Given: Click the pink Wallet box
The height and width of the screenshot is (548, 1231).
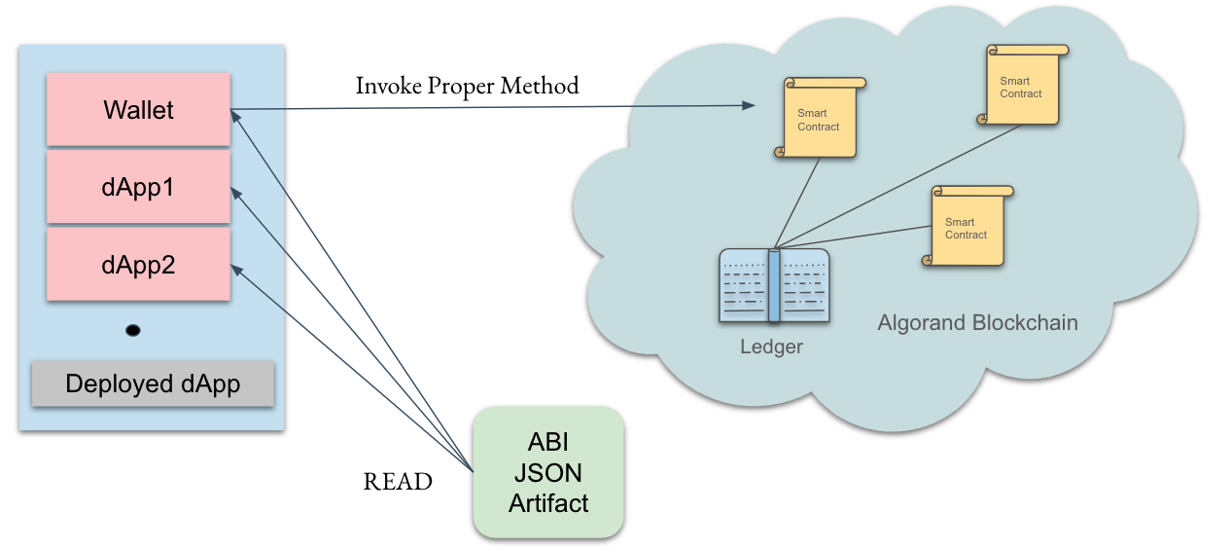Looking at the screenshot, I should click(x=138, y=110).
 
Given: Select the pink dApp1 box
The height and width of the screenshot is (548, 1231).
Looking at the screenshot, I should click(x=138, y=187).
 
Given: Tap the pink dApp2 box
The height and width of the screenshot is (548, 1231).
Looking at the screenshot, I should click(x=138, y=264).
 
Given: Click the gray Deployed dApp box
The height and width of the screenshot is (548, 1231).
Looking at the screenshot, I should click(x=153, y=384).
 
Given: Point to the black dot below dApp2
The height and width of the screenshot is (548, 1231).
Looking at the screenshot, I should click(x=133, y=331).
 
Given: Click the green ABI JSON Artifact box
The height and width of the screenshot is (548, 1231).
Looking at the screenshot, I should click(x=547, y=472).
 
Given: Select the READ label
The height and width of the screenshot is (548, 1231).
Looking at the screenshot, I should click(x=398, y=482).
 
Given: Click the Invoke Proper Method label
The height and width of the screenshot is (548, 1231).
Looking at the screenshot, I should click(x=467, y=86).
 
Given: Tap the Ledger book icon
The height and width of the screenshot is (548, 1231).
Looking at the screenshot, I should click(x=774, y=285).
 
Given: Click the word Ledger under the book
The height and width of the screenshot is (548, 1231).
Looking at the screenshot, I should click(x=772, y=347).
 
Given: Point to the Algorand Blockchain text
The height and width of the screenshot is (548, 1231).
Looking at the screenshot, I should click(x=977, y=323).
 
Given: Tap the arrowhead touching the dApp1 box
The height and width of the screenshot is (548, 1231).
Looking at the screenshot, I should click(x=235, y=192).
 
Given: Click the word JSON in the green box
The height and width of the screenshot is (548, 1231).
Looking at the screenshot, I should click(x=547, y=473).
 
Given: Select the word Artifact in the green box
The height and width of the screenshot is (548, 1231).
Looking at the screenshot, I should click(x=547, y=503).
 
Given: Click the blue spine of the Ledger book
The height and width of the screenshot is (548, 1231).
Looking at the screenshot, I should click(x=774, y=286).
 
